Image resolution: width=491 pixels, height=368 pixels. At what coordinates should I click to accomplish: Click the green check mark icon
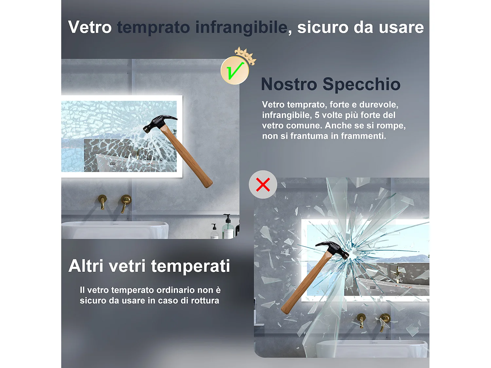[x=235, y=70]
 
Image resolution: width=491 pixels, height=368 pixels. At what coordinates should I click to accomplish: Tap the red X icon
[x=263, y=184]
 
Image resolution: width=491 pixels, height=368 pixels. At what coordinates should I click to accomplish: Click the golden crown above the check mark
[x=245, y=54]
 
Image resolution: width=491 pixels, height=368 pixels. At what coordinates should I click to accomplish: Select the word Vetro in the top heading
[x=90, y=27]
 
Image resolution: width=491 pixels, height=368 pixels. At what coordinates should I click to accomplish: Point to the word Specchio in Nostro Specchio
[x=361, y=84]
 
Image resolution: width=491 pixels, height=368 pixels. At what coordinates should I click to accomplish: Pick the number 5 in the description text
[x=317, y=115]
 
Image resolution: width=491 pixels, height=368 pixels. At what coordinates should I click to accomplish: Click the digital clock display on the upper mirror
[x=112, y=164]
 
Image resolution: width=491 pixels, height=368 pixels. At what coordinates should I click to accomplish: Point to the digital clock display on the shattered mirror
[x=373, y=288]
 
